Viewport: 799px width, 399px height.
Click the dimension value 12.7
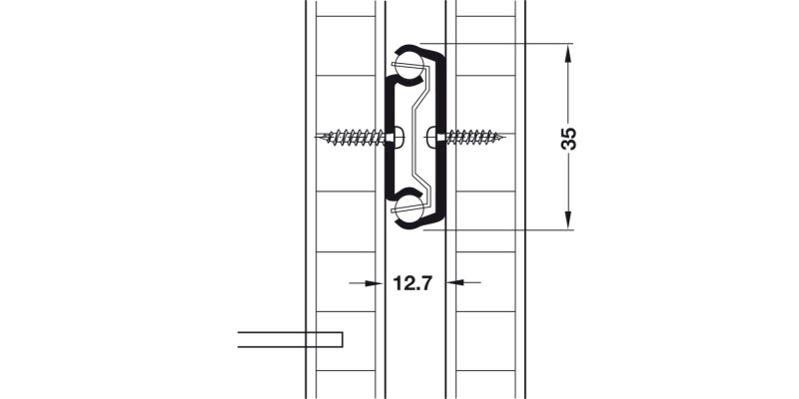(x=411, y=283)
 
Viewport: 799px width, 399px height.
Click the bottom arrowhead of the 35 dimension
(x=569, y=220)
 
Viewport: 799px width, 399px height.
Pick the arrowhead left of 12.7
(x=376, y=283)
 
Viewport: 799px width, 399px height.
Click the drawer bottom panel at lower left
(x=290, y=339)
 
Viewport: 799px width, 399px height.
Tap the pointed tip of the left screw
(x=317, y=136)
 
